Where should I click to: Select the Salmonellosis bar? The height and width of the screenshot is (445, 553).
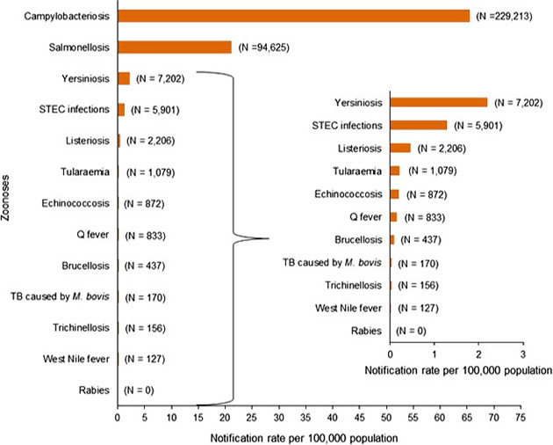[x=175, y=47]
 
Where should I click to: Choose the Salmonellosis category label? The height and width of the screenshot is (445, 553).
[x=81, y=47]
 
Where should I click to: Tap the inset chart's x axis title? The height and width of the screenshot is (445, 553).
[x=456, y=369]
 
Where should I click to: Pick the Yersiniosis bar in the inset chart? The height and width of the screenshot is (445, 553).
[x=438, y=102]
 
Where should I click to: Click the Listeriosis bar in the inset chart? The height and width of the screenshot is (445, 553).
[x=400, y=148]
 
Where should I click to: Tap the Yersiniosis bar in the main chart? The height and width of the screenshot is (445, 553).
[x=124, y=78]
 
